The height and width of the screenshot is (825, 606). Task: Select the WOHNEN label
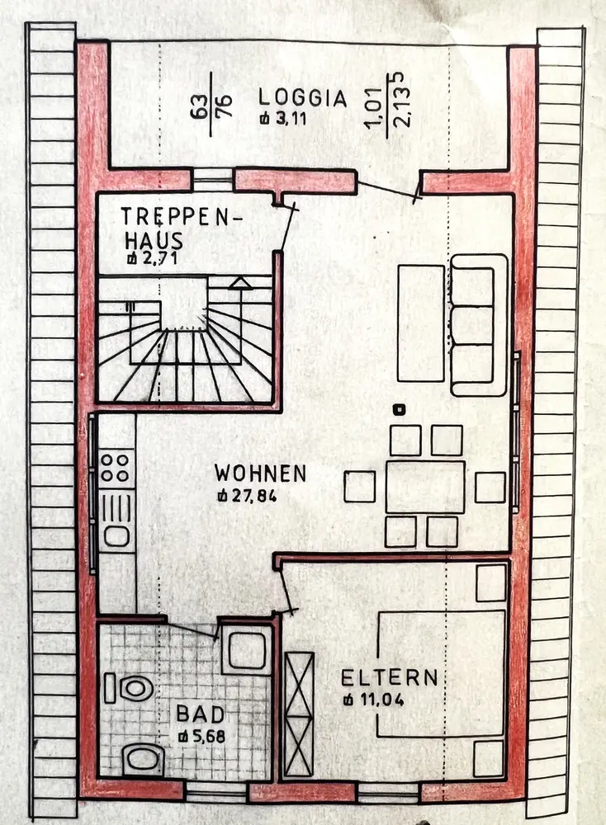(x=260, y=474)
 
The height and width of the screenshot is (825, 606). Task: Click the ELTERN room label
(x=390, y=678)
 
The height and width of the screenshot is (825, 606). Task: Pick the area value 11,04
(x=377, y=700)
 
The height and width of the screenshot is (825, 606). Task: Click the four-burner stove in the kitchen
(x=116, y=466)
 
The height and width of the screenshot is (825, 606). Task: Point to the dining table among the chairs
(x=425, y=487)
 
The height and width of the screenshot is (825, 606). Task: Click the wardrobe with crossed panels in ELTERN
(x=299, y=714)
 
